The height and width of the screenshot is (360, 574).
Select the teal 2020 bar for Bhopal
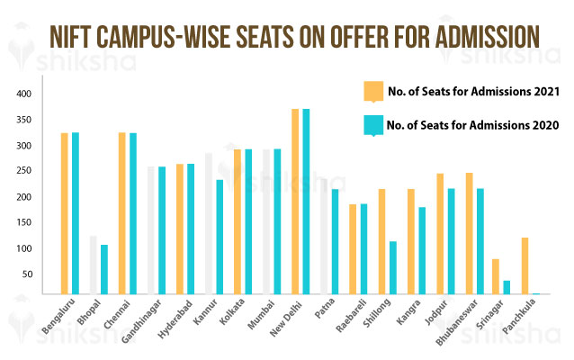tap(104, 268)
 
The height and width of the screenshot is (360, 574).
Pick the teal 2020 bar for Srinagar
tap(507, 286)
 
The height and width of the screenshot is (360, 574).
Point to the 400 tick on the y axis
tap(24, 94)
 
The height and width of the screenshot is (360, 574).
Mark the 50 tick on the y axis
tap(27, 274)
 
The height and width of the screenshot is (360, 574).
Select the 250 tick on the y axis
tap(24, 171)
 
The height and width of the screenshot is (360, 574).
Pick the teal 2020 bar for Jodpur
tap(450, 240)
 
